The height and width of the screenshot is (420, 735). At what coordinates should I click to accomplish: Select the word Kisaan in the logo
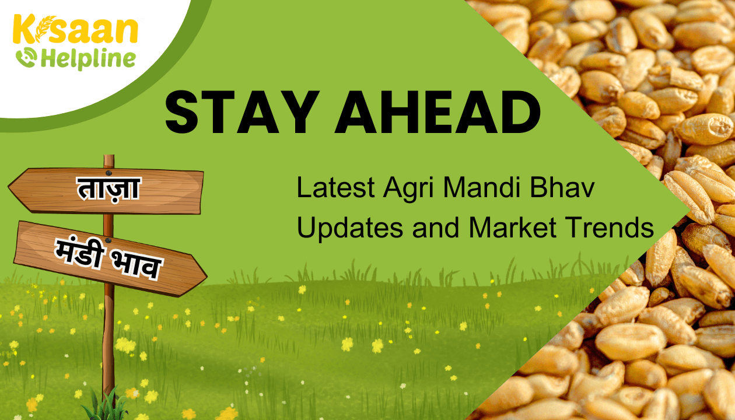[x=75, y=29]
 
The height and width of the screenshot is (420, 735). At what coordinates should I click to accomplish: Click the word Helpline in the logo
[x=88, y=60]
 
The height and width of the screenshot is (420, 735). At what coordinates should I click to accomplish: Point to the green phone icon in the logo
[x=26, y=57]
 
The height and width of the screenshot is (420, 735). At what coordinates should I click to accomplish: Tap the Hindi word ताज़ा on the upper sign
[x=108, y=188]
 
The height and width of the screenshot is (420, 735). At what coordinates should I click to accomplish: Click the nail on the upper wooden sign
[x=108, y=173]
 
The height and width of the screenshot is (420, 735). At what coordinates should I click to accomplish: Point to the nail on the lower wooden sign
[x=108, y=240]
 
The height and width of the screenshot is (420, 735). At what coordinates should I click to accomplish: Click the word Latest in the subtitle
[x=335, y=187]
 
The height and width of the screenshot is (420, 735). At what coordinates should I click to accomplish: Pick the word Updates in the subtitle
[x=350, y=229]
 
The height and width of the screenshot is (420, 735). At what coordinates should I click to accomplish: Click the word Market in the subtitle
[x=512, y=227]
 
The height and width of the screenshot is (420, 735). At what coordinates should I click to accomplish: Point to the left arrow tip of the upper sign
[x=9, y=188]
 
